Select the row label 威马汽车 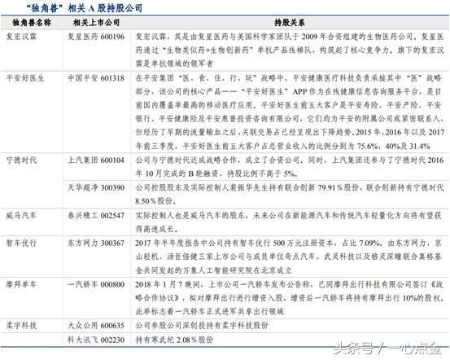click(25, 216)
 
